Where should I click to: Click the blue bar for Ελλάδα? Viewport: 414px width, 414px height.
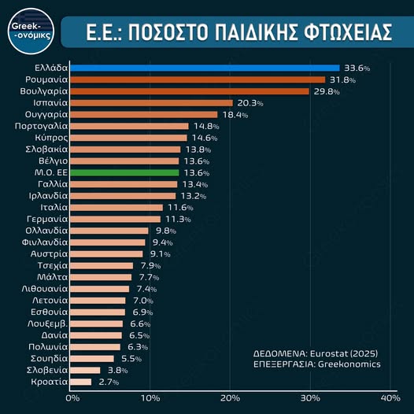click(205, 68)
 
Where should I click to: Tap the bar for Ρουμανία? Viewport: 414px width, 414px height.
click(198, 79)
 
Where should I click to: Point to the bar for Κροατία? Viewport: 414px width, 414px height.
click(81, 382)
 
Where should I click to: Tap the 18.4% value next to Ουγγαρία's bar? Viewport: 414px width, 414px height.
click(235, 115)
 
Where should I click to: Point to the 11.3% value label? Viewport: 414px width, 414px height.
click(178, 219)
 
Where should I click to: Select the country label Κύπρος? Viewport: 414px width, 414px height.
click(50, 138)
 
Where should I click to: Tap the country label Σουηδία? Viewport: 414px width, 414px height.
click(49, 358)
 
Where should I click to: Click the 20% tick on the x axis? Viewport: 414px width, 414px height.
click(230, 398)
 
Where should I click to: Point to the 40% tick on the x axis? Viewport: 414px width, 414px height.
click(390, 398)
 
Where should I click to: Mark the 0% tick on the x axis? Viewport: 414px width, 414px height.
click(72, 398)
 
